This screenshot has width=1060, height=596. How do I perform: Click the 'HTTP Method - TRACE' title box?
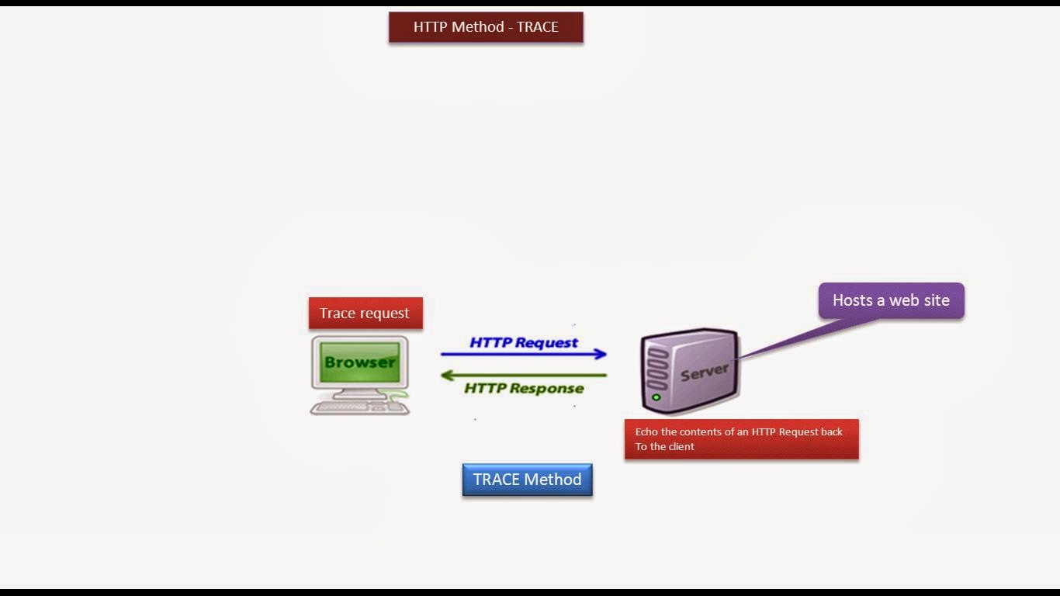pos(486,27)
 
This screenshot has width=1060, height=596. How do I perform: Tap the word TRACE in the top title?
pos(538,27)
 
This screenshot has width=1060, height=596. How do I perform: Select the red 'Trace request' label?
pos(365,314)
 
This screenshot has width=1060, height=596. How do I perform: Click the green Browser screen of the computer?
pos(360,362)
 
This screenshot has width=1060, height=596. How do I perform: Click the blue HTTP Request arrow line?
pos(520,355)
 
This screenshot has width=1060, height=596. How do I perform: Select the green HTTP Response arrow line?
pos(528,376)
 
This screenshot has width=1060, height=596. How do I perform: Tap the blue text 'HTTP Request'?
pos(524,342)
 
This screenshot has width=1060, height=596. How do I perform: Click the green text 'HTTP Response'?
pos(524,388)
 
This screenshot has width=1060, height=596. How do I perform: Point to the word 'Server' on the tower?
pos(705,372)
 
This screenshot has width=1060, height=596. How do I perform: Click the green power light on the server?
pos(656,398)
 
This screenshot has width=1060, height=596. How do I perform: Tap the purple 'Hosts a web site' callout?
pos(891,300)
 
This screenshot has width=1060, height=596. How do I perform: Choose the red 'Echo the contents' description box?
pos(741,439)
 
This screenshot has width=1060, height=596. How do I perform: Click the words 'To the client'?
pos(665,447)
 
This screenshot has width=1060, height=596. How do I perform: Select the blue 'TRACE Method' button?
pos(528,480)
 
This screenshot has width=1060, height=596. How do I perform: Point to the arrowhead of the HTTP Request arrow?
pos(601,355)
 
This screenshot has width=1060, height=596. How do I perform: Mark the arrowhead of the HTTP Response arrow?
pos(446,376)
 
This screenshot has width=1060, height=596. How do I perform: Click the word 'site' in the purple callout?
pos(936,300)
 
